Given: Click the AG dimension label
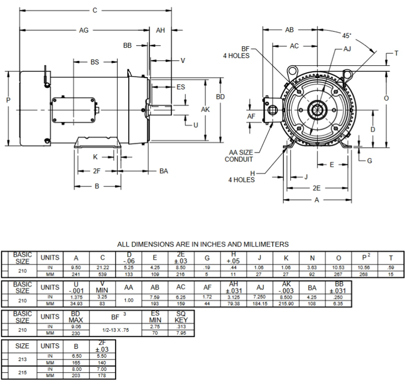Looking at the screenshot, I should (x=84, y=31).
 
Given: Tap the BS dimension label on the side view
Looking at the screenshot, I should (x=95, y=62).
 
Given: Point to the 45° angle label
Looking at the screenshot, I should (x=347, y=36).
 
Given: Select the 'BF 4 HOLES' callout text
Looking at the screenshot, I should (x=236, y=53).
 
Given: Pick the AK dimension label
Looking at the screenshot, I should (x=205, y=110).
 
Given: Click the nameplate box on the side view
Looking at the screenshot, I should (x=74, y=110).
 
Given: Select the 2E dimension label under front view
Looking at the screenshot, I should (x=317, y=188).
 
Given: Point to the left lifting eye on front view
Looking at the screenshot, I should (x=291, y=70).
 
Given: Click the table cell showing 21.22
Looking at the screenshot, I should (x=102, y=268).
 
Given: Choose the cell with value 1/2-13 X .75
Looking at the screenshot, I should (x=115, y=330).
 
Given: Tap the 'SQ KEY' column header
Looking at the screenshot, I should (x=181, y=317).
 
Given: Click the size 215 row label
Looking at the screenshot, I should (x=22, y=372).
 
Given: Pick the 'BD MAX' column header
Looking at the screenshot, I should (x=76, y=317).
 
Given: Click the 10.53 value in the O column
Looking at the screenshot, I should (x=338, y=268).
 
